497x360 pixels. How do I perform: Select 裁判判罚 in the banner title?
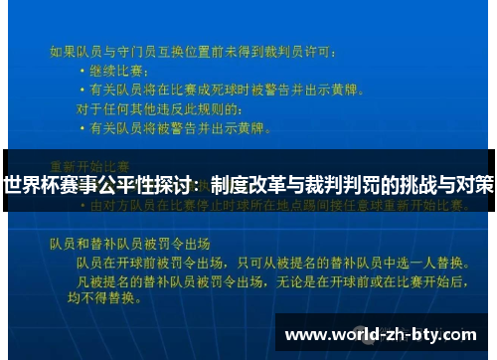click(347, 184)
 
